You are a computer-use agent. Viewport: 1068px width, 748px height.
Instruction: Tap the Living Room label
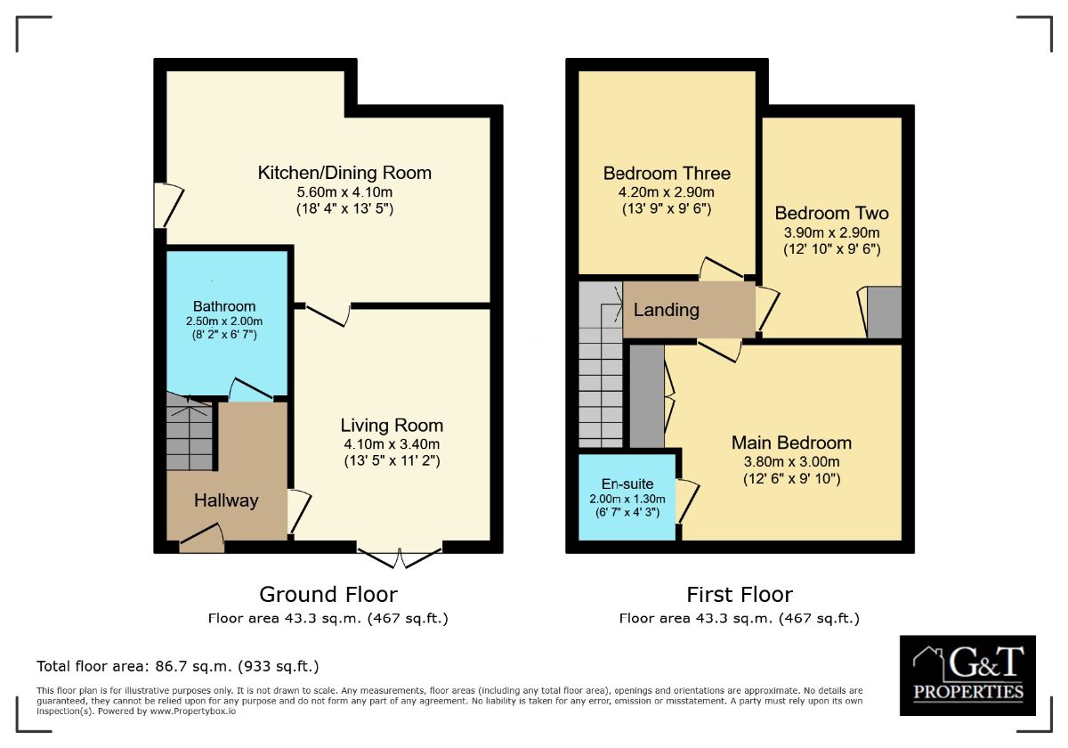392,425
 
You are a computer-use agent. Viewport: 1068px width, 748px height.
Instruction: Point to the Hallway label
226,500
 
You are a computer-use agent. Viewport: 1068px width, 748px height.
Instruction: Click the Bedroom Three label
667,173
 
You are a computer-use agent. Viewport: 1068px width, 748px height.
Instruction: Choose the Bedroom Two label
831,213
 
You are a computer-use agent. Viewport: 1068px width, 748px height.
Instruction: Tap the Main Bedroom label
791,443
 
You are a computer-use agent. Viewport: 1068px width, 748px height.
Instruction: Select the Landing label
666,310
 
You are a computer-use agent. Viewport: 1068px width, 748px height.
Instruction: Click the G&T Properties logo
967,675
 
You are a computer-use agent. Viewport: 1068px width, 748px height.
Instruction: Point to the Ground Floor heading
328,594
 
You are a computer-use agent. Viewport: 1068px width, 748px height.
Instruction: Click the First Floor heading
739,594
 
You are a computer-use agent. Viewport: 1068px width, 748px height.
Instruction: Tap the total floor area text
177,666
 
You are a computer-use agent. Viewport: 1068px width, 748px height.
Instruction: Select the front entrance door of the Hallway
202,539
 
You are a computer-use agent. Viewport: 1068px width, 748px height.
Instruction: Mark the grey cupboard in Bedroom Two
883,313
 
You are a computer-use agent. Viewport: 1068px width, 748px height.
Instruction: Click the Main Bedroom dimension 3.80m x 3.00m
791,461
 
